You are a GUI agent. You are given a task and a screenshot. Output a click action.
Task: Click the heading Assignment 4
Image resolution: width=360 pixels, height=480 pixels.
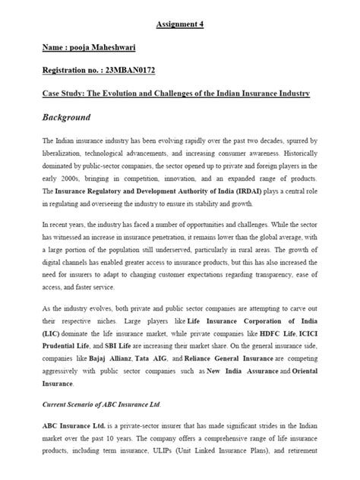tap(180, 24)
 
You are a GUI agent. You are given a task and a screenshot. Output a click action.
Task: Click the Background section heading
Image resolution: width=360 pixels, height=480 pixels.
tap(67, 118)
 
